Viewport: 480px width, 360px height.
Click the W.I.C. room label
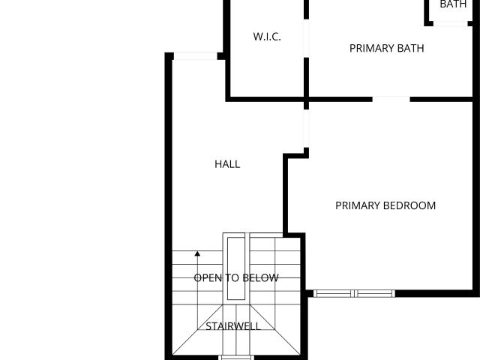click(x=267, y=37)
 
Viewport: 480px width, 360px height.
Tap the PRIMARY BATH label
click(x=387, y=48)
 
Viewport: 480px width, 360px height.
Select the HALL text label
click(x=227, y=164)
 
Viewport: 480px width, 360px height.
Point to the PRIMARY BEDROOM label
click(x=385, y=205)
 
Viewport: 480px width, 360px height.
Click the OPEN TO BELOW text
click(x=236, y=278)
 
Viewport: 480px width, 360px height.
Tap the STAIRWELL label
click(x=233, y=326)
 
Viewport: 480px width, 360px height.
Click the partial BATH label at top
click(x=453, y=4)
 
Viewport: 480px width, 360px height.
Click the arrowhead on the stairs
click(x=197, y=253)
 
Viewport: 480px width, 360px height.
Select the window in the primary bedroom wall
click(x=355, y=293)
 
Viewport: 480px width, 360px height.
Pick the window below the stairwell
click(x=236, y=358)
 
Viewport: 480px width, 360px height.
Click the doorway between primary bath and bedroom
click(x=391, y=99)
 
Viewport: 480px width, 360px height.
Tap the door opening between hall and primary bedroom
click(x=306, y=128)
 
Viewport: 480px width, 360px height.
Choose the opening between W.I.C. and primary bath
click(x=306, y=38)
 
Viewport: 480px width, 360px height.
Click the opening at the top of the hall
click(x=196, y=56)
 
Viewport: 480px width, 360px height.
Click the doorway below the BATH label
click(x=451, y=23)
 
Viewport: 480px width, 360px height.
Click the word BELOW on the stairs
click(x=259, y=278)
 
